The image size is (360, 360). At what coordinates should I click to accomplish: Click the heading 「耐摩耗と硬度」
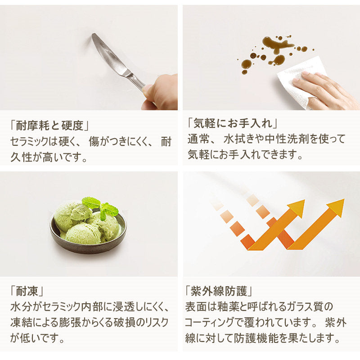49,126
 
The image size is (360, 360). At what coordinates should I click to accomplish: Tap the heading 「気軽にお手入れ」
232,123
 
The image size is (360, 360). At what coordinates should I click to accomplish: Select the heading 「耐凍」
27,292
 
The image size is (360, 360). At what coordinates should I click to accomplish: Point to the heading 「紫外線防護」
219,291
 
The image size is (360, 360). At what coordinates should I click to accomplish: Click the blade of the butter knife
108,54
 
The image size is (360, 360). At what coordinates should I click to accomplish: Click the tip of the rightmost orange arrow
344,199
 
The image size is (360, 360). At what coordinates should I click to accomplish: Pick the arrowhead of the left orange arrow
296,208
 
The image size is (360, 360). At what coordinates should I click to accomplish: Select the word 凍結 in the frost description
21,323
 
